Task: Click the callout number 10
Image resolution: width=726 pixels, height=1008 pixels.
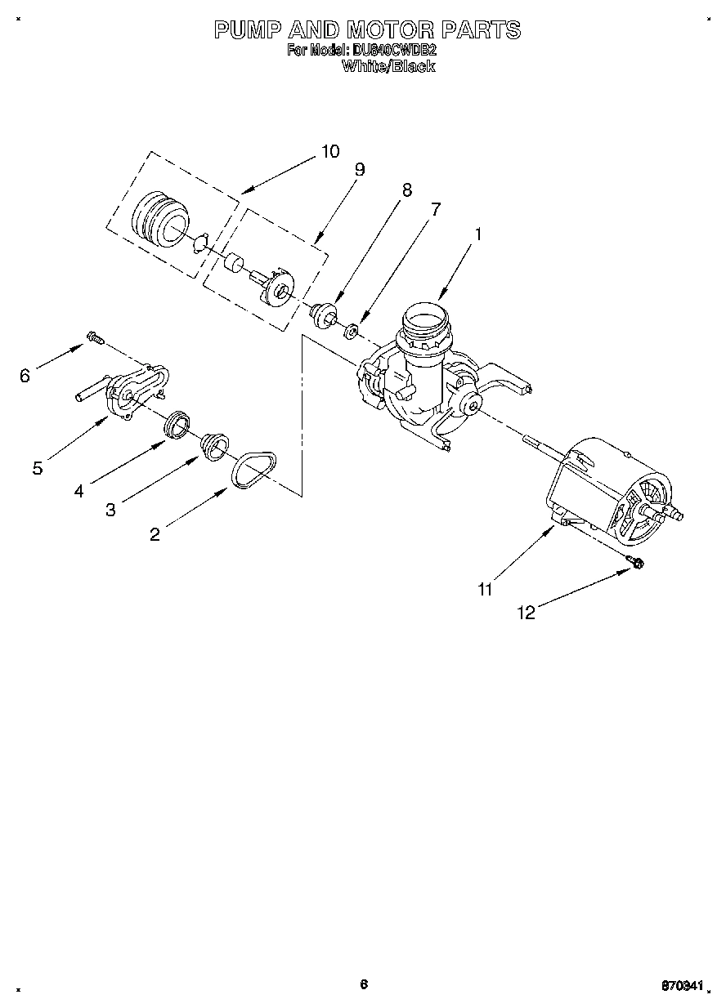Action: (329, 151)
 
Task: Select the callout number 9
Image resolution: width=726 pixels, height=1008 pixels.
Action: (359, 170)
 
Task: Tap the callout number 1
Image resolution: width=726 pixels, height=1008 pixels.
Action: (478, 234)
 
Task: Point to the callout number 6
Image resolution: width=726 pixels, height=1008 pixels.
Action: (25, 375)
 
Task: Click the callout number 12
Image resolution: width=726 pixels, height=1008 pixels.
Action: (527, 613)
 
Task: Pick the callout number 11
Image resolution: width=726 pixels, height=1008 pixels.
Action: (485, 589)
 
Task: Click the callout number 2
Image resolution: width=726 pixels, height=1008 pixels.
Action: (155, 534)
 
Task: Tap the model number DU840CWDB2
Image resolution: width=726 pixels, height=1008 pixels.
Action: (394, 51)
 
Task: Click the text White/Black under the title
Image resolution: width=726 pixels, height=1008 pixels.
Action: (388, 67)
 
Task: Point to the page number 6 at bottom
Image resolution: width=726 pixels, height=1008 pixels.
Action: (364, 984)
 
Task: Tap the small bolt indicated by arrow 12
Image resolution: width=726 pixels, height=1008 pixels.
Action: (635, 561)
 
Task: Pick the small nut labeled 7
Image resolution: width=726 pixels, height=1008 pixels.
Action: (351, 331)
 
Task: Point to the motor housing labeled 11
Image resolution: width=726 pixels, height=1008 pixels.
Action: (605, 490)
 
